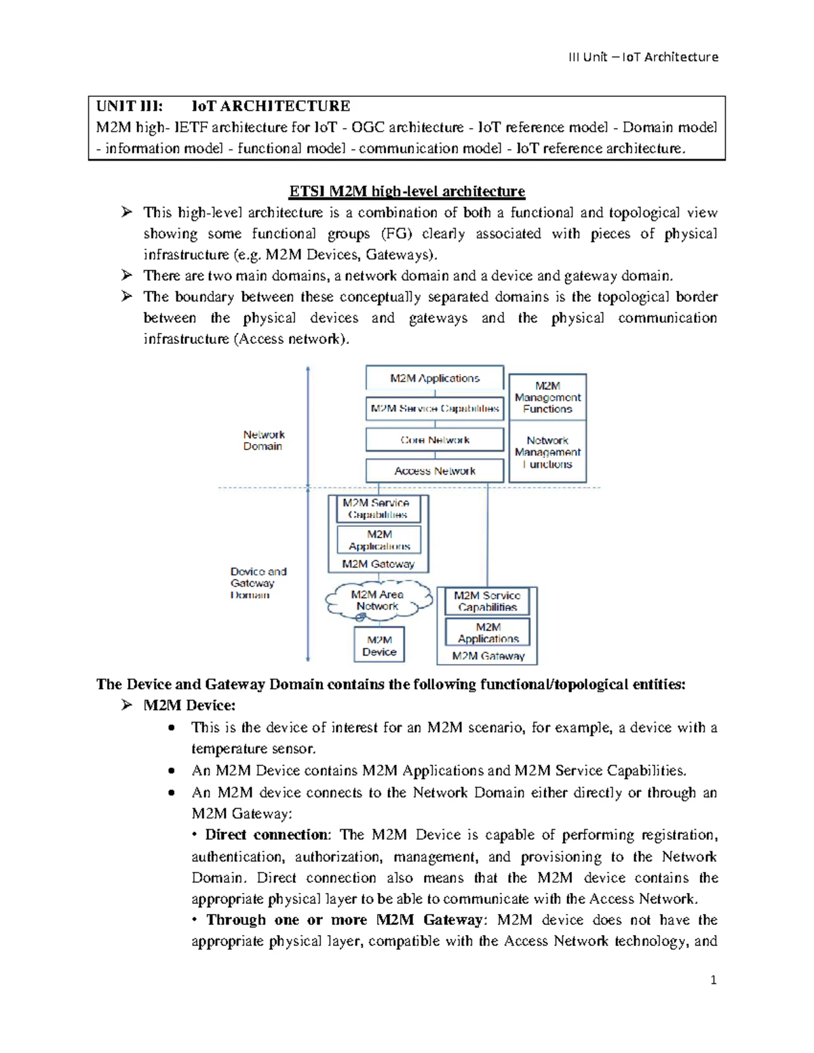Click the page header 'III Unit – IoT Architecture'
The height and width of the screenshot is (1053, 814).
click(642, 57)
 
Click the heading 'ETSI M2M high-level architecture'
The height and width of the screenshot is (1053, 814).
click(407, 191)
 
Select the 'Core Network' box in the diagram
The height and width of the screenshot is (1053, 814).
click(435, 439)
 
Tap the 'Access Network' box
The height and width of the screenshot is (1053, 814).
click(435, 471)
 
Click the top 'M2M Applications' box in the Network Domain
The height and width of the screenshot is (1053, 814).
click(435, 378)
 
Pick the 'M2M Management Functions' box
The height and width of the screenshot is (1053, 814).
click(547, 397)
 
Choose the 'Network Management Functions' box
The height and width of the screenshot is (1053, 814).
click(547, 452)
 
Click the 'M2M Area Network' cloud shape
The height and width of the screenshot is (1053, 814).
click(378, 600)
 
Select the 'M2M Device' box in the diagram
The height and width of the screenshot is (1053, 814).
click(379, 645)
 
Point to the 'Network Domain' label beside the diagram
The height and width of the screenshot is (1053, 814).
click(263, 440)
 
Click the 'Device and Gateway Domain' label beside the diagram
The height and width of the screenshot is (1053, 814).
click(258, 583)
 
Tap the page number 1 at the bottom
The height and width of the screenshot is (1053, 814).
click(713, 980)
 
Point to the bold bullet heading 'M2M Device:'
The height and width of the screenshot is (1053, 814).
click(189, 705)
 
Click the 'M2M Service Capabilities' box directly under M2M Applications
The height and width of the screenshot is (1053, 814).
click(435, 408)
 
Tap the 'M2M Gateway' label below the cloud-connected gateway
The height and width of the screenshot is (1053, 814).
click(378, 564)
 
